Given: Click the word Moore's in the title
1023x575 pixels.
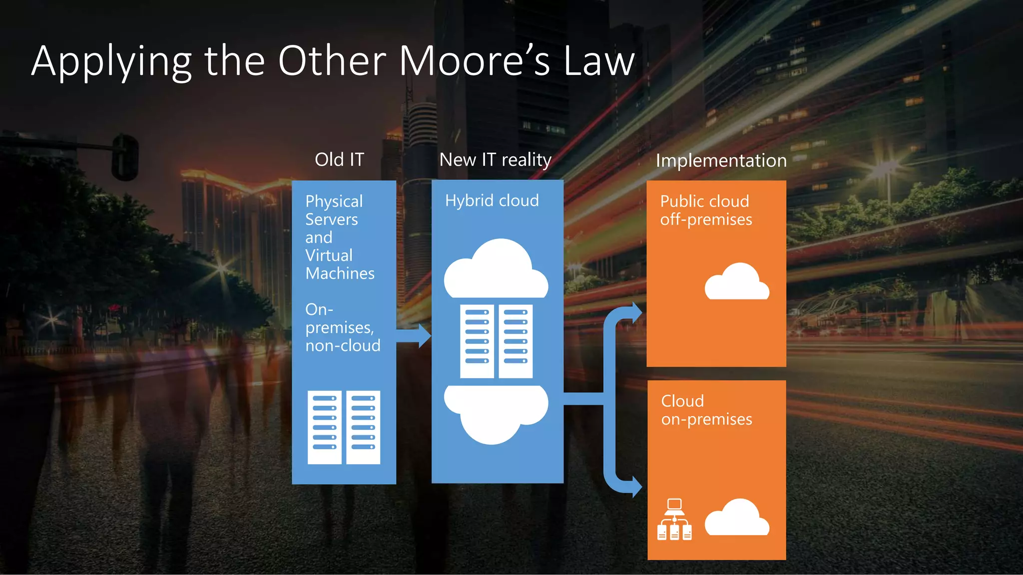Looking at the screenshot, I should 475,61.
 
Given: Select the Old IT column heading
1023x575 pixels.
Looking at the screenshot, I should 339,160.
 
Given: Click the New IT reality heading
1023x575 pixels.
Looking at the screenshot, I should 495,160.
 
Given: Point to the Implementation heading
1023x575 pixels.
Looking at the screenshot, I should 721,161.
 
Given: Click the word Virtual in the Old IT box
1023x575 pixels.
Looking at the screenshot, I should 329,256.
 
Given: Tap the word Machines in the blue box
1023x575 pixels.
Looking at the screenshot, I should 340,274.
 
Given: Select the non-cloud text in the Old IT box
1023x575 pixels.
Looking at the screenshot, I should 343,345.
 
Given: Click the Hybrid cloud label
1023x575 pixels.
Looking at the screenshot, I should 492,201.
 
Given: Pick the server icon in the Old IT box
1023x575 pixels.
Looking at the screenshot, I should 344,427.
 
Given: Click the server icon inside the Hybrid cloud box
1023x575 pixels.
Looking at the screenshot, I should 496,341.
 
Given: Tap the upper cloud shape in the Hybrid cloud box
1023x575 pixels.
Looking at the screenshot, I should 496,270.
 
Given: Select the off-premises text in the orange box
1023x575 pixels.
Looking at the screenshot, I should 706,220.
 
